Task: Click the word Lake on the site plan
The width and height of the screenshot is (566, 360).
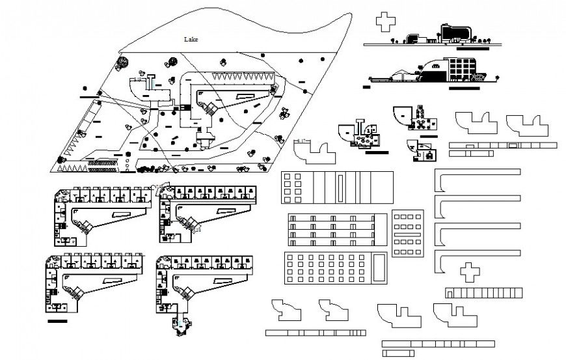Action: pyautogui.click(x=191, y=39)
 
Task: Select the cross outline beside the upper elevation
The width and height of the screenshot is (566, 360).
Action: pyautogui.click(x=386, y=21)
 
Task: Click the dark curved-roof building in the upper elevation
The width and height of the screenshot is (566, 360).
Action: pyautogui.click(x=453, y=33)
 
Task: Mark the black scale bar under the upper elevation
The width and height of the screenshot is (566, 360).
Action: pyautogui.click(x=472, y=48)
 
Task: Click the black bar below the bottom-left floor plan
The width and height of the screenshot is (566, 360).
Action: pyautogui.click(x=57, y=321)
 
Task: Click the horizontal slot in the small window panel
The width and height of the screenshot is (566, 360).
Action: pyautogui.click(x=408, y=233)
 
